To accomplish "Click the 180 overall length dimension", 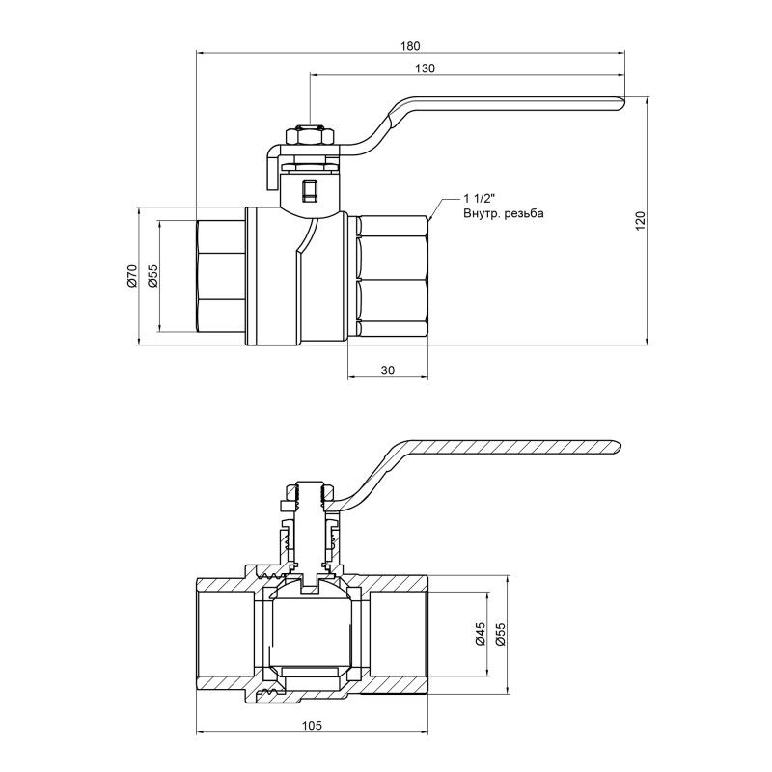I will coord(411,45).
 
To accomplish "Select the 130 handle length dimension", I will coord(426,68).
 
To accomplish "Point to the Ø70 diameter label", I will coord(132,275).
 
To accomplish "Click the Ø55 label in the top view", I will coord(152,275).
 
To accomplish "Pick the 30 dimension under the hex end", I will coord(387,370).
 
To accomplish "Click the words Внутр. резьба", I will coord(504,213).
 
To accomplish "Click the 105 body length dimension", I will coord(312,724).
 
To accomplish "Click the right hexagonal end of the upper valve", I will coord(391,278).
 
